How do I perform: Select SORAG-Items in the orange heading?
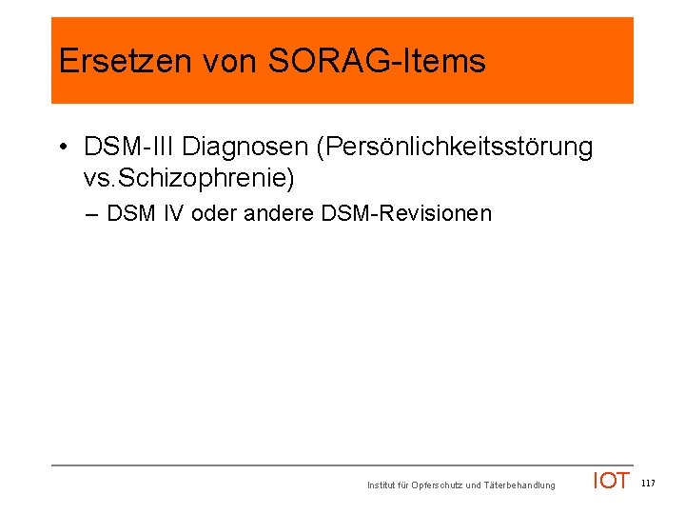tap(378, 62)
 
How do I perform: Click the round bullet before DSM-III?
tap(61, 148)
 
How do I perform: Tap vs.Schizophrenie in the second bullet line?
tap(190, 177)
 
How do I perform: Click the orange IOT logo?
tap(611, 481)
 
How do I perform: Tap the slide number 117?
tap(648, 484)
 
